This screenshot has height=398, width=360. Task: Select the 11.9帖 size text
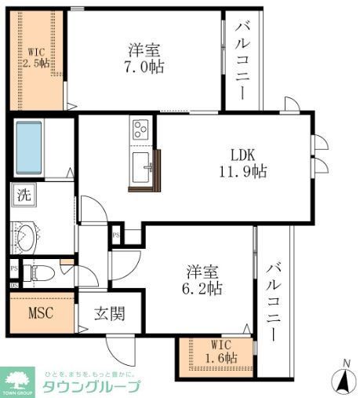243,170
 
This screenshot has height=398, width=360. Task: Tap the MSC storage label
41,315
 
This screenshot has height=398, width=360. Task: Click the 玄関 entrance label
109,315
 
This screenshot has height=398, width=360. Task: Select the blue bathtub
37,148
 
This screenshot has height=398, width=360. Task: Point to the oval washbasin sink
27,237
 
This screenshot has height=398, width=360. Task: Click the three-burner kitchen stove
142,129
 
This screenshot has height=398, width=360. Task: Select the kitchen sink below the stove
142,167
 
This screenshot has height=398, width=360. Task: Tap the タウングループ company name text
93,387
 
